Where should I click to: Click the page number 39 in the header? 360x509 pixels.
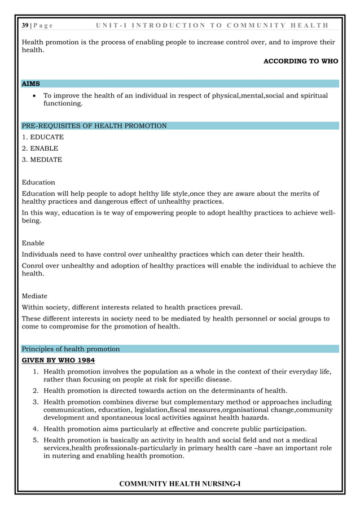(x=25, y=26)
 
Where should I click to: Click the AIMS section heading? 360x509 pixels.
(x=30, y=84)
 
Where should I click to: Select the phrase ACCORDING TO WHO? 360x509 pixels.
(x=301, y=61)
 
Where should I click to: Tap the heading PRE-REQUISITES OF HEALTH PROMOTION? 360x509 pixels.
(x=94, y=126)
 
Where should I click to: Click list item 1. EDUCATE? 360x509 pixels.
(x=42, y=137)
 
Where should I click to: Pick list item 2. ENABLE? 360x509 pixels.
(x=39, y=148)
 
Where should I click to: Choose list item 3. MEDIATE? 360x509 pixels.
(x=42, y=160)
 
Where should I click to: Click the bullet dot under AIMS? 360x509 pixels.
(x=36, y=96)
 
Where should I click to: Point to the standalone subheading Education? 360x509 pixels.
(x=38, y=182)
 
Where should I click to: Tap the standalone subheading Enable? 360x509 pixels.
(x=33, y=243)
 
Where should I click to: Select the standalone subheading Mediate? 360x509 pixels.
(x=34, y=296)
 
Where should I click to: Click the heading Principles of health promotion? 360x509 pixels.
(x=70, y=349)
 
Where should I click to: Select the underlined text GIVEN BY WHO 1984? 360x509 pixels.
(x=58, y=360)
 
